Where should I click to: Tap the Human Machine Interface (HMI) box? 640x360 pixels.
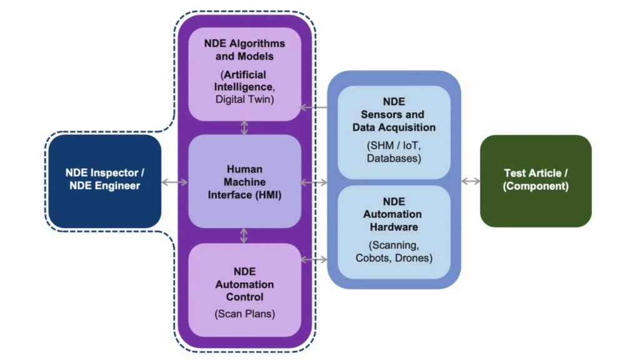(244, 181)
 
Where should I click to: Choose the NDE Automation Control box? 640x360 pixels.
(244, 290)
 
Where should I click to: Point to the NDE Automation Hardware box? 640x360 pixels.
(394, 231)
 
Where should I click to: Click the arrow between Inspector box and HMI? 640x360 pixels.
(174, 182)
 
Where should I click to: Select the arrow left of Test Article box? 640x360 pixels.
(471, 181)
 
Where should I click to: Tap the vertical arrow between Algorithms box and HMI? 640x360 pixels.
(244, 127)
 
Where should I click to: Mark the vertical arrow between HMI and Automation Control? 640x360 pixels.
(244, 236)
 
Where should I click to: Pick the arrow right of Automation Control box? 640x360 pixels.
(314, 259)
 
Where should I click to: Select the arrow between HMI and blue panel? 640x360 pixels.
(314, 182)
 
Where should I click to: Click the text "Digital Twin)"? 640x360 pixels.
(244, 99)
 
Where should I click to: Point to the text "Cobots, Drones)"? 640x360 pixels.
(394, 257)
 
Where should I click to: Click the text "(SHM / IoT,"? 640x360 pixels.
(394, 146)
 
